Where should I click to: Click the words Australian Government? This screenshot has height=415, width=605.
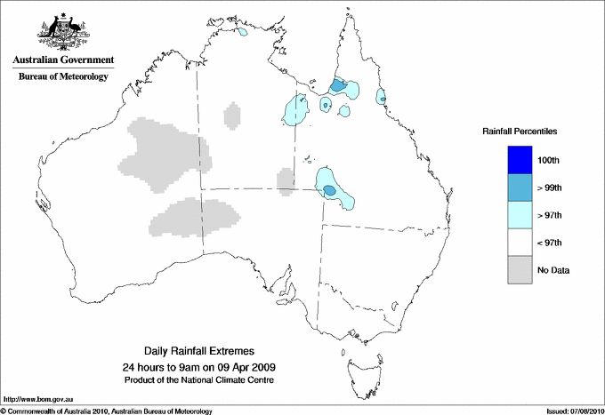pos(63,60)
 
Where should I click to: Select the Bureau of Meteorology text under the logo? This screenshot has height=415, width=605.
pos(63,76)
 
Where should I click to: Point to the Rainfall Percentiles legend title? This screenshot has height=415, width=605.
pos(520,132)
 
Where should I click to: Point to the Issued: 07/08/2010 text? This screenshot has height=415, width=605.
pos(574,411)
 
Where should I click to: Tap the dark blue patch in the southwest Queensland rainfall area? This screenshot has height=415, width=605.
pos(329,190)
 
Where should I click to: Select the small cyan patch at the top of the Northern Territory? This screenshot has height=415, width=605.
pos(242,33)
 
